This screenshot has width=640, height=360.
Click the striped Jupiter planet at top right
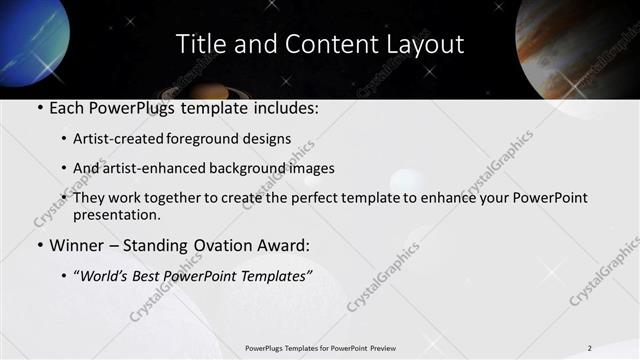(580, 45)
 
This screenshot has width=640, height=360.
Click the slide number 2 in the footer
(589, 348)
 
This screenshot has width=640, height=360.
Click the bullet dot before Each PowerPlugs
(39, 107)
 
